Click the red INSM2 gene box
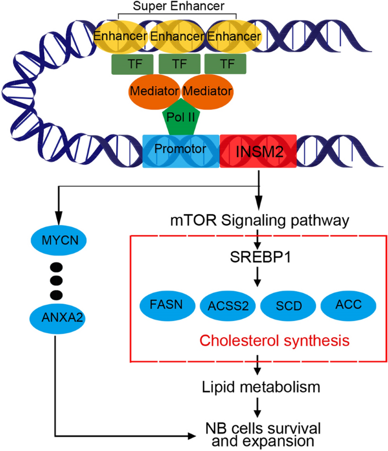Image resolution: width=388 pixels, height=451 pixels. click(258, 151)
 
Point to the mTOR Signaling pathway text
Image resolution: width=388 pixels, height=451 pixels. click(258, 219)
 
